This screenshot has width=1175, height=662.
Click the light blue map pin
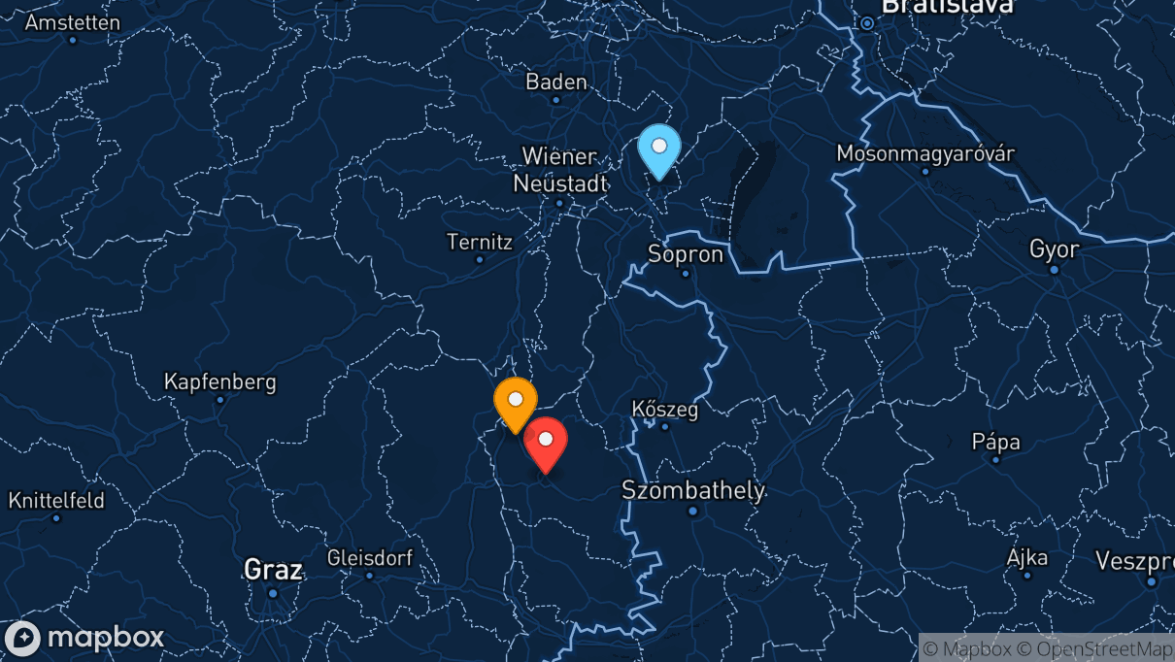pos(659,149)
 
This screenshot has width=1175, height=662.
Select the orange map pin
pos(516,402)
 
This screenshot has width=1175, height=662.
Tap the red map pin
pos(546,443)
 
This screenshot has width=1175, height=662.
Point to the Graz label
pos(273,569)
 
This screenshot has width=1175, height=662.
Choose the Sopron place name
pos(687,254)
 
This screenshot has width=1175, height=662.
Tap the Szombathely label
pos(693,490)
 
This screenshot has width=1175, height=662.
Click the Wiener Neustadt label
pos(561,169)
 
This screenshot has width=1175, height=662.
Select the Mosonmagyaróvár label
pos(925,153)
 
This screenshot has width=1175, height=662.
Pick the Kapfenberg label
pos(220,381)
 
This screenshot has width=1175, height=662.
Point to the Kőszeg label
pos(665,409)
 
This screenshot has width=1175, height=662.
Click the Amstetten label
pos(73,21)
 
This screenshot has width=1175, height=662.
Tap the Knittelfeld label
pos(56,501)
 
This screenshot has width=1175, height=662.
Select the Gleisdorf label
pos(370,558)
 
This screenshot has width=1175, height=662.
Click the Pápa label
pos(996,442)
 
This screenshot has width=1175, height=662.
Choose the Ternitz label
pos(479,242)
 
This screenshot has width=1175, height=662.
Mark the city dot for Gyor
pos(1055,269)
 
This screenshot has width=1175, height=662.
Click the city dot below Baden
pos(556,100)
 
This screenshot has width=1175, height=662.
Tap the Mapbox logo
pos(85,638)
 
